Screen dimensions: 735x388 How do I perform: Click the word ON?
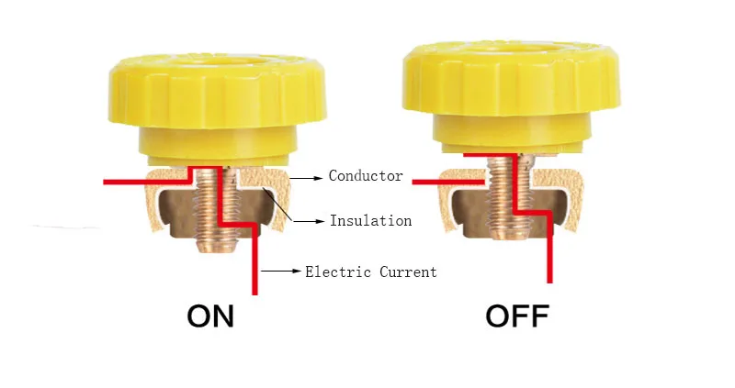pyautogui.click(x=210, y=317)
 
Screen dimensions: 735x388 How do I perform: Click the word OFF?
pyautogui.click(x=516, y=317)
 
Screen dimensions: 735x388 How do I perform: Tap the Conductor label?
pyautogui.click(x=366, y=175)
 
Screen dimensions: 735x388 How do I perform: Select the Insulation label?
pyautogui.click(x=370, y=221)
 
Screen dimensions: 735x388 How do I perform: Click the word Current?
pyautogui.click(x=407, y=272)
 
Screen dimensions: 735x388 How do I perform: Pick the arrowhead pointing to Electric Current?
pyautogui.click(x=295, y=272)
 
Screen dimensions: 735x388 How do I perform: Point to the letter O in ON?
pyautogui.click(x=198, y=317)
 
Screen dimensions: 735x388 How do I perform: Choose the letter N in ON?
pyautogui.click(x=223, y=317)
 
